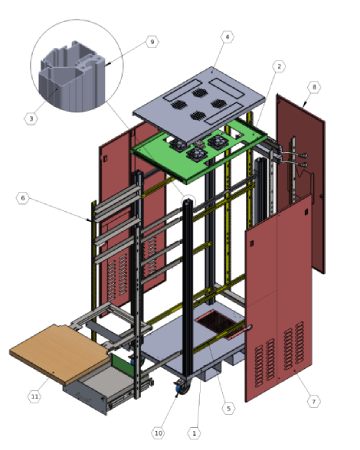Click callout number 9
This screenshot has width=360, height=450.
pyautogui.click(x=152, y=42)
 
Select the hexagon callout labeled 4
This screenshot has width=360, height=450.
pyautogui.click(x=227, y=37)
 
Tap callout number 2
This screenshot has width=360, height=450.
pyautogui.click(x=279, y=67)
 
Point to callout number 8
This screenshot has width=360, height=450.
pyautogui.click(x=314, y=87)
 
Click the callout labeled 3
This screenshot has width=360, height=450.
pyautogui.click(x=31, y=118)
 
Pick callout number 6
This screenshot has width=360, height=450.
pyautogui.click(x=23, y=198)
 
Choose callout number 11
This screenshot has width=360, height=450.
pyautogui.click(x=34, y=396)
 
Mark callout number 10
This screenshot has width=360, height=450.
pyautogui.click(x=158, y=433)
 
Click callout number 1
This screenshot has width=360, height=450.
pyautogui.click(x=194, y=433)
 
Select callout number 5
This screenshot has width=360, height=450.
pyautogui.click(x=228, y=408)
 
